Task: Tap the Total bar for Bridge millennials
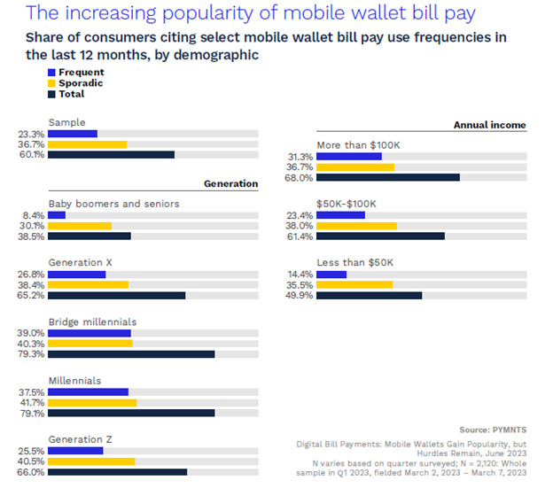pos(131,354)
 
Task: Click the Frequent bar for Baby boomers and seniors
pos(57,215)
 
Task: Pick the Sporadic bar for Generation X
pos(88,284)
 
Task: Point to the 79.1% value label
pos(32,413)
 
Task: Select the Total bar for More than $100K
pos(387,177)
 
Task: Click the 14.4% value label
pos(300,275)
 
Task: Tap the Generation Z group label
pos(80,439)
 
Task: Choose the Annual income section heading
pos(489,126)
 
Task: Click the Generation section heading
pos(230,184)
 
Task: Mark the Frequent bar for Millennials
pos(88,391)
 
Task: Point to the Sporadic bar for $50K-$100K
pos(356,226)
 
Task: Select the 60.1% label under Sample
pos(32,154)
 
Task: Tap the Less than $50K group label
pos(354,262)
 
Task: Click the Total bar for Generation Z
pos(117,471)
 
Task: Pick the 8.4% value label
pos(34,215)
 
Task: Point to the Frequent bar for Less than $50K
pos(331,275)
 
